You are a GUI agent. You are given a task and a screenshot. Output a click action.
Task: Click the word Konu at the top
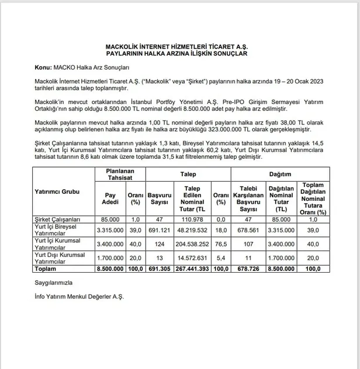click(43, 67)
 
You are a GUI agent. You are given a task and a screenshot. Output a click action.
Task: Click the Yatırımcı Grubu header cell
click(58, 192)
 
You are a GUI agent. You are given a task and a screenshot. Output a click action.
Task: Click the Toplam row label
click(44, 270)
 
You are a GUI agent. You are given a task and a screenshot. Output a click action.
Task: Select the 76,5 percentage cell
click(220, 245)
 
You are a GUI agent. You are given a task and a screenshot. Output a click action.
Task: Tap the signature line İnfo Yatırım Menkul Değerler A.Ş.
click(79, 297)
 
